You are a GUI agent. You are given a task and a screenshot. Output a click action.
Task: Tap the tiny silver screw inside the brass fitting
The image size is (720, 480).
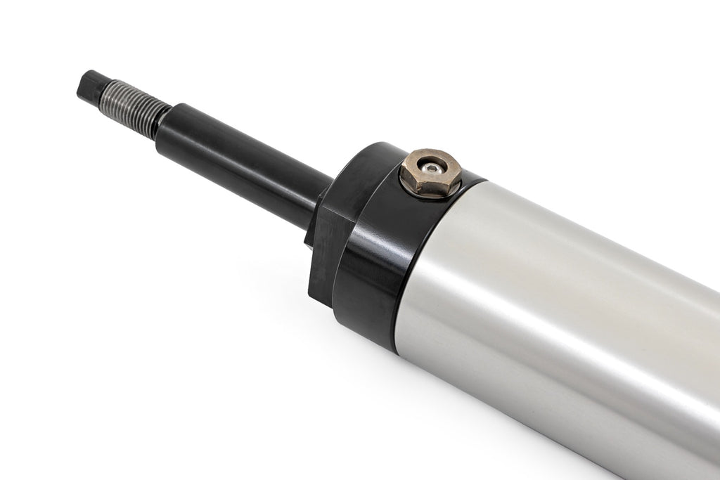431,169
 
